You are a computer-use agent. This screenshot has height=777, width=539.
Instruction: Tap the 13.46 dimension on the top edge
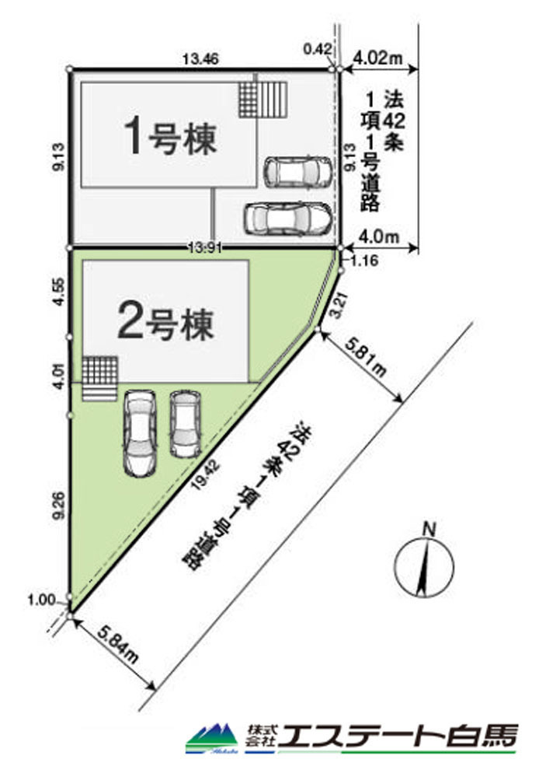200,59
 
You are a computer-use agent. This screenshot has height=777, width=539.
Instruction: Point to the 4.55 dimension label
58,292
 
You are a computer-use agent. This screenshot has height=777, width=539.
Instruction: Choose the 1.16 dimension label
365,261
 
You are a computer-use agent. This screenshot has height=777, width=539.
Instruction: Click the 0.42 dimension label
318,48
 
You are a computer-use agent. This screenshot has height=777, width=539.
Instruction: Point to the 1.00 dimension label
42,600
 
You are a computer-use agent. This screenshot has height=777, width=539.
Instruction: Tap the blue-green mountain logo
213,738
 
